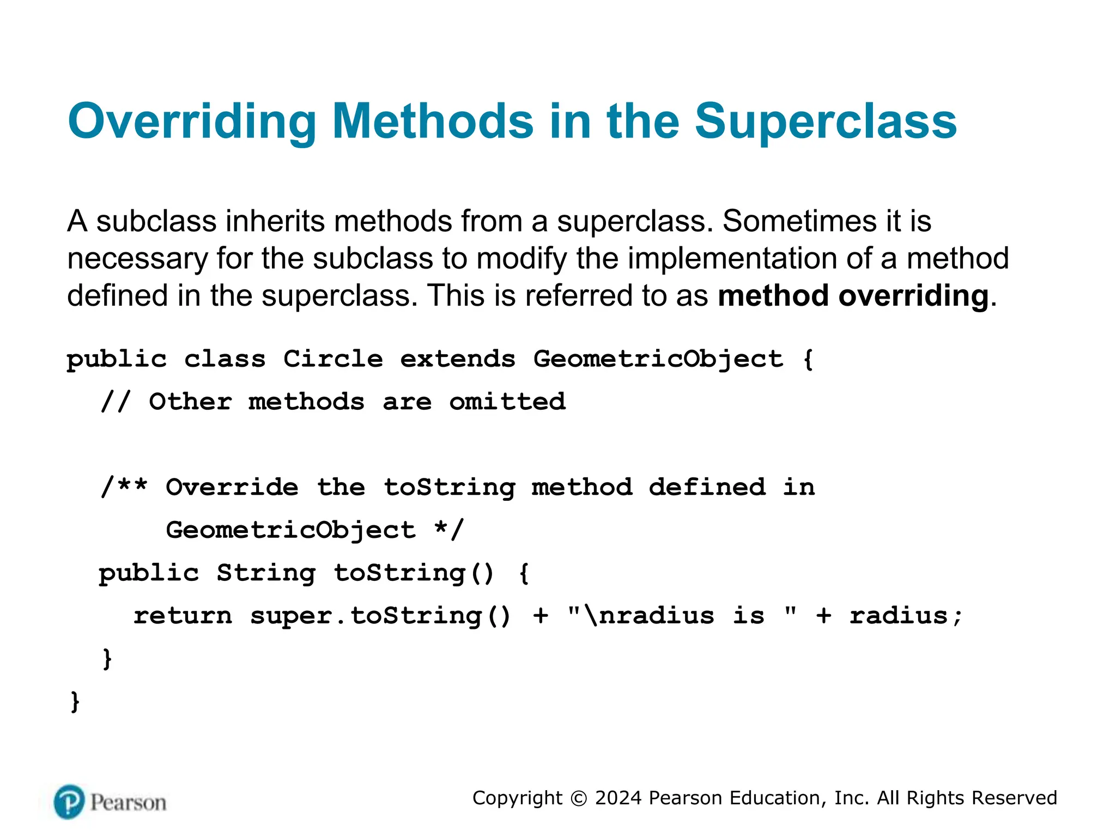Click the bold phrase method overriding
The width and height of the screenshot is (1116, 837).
coord(853,296)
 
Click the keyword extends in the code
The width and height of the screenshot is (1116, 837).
coord(458,359)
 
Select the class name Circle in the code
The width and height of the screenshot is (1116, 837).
coord(333,359)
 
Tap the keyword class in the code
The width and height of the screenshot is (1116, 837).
coord(225,359)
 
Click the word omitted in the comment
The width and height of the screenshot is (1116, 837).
coord(507,402)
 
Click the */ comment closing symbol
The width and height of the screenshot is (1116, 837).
coord(449,530)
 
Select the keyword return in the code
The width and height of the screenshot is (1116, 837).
coord(183,616)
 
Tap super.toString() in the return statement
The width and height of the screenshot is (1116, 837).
coord(380,616)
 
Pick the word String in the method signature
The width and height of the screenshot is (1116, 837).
coord(266,573)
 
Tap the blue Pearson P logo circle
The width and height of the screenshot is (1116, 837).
coord(69,802)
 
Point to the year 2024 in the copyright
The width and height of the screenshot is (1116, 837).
coord(618,798)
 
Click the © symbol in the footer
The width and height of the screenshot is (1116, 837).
coord(578,798)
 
